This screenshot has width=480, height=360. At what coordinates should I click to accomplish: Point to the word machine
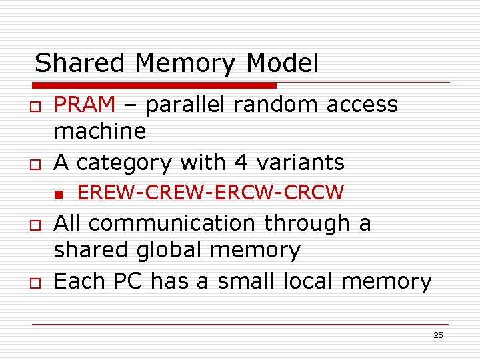[x=100, y=131]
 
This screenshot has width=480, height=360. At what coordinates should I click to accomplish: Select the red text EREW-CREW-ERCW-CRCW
[x=211, y=193]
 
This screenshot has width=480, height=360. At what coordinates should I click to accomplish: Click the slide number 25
[x=438, y=335]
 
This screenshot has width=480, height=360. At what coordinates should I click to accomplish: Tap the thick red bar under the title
[x=155, y=85]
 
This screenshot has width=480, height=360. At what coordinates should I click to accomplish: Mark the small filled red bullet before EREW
[x=59, y=194]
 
